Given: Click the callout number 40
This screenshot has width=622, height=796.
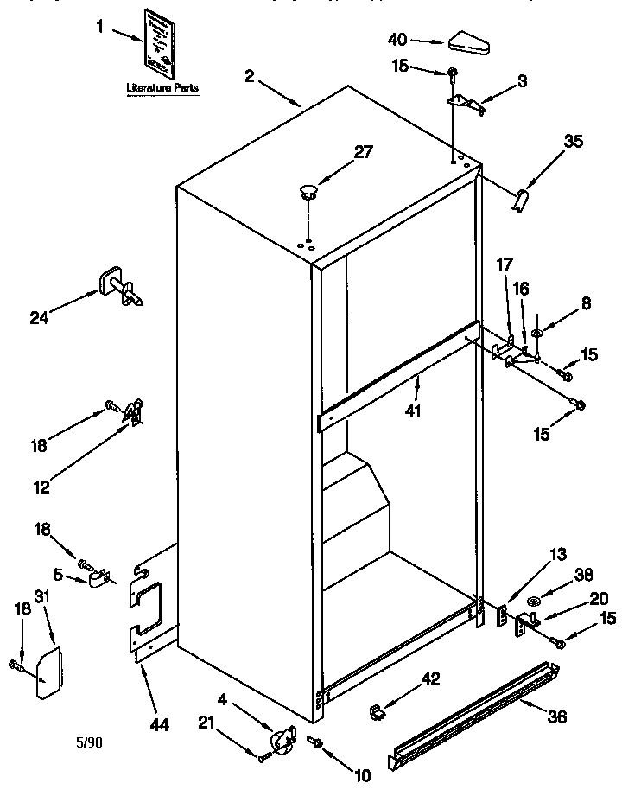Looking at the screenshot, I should point(398,40).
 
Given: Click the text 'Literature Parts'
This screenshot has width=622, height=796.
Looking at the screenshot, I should point(162,88).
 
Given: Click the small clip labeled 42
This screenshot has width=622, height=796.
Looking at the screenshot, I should point(377,710).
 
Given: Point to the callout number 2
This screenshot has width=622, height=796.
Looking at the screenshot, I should point(250,75).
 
